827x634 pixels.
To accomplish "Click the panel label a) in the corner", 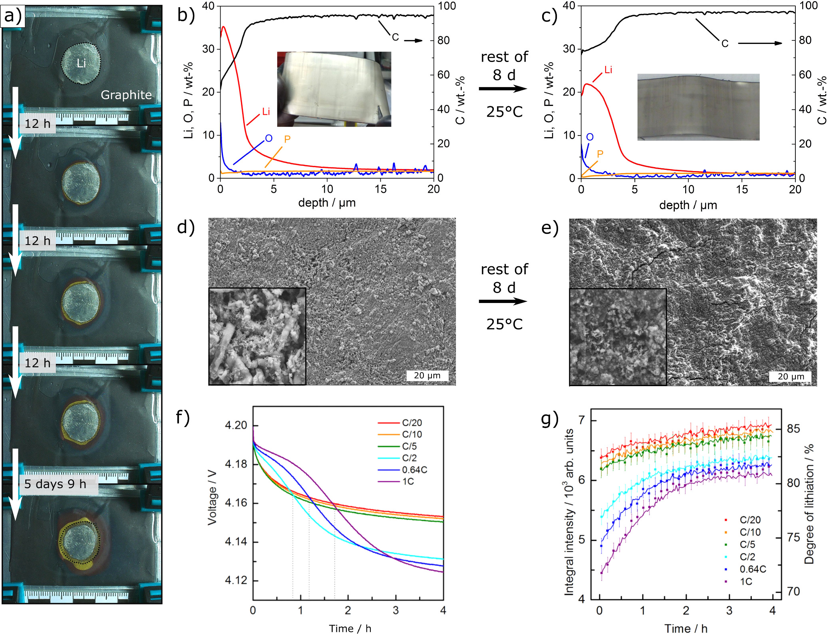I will [13, 16].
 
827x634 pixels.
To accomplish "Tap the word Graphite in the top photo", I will [126, 95].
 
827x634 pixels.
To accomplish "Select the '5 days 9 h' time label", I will [55, 484].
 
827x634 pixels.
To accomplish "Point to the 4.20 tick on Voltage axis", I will [236, 425].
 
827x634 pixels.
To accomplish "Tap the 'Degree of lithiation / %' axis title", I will [809, 504].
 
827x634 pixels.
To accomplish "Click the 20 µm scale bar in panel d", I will [427, 375].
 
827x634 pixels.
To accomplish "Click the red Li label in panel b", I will [266, 112].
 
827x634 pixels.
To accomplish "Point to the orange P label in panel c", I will [600, 154].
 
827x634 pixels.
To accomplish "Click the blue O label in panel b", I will [269, 138].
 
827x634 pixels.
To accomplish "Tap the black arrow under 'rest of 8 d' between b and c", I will [503, 88].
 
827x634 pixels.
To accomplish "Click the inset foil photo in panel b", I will [334, 89].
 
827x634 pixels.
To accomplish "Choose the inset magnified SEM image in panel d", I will [257, 336].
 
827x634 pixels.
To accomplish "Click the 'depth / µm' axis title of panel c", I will [688, 205].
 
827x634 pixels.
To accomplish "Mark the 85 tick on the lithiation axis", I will [793, 429].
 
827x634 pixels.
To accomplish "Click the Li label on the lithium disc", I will [81, 63].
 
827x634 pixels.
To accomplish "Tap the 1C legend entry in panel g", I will [745, 582].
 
